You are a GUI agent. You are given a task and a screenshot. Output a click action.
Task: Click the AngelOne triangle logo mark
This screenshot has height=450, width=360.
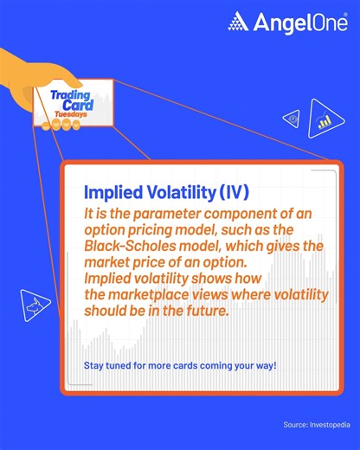click(237, 22)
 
